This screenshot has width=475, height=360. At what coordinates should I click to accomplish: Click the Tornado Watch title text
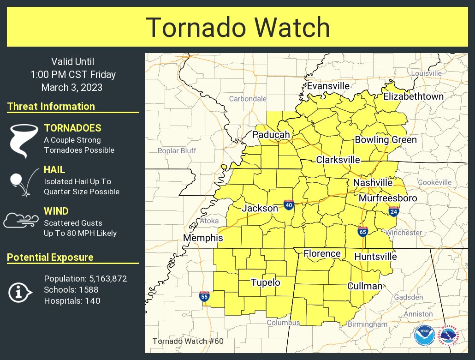pos(238,28)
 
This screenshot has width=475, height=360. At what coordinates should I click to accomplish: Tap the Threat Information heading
pos(51,107)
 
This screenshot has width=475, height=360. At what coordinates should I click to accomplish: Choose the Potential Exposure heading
pos(50,258)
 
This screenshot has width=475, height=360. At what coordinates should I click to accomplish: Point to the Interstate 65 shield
pos(362,231)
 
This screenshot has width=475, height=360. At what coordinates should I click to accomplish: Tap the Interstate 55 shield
pos(204,296)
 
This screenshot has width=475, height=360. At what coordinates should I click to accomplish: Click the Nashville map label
pos(373,183)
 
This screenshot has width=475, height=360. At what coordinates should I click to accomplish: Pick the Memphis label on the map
pos(203,238)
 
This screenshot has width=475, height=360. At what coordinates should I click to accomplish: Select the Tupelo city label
pos(265,282)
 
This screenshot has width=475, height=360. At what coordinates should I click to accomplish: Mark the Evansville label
pos(328,86)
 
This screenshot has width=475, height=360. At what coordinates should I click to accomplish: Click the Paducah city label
pos(271,134)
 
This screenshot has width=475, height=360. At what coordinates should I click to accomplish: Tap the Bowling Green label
pos(386,140)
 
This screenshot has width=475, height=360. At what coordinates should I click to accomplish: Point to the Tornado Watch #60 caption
pos(188,341)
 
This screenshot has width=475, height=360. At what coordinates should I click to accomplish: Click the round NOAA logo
pos(423,335)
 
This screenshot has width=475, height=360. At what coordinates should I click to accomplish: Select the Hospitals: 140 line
pos(72,301)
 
